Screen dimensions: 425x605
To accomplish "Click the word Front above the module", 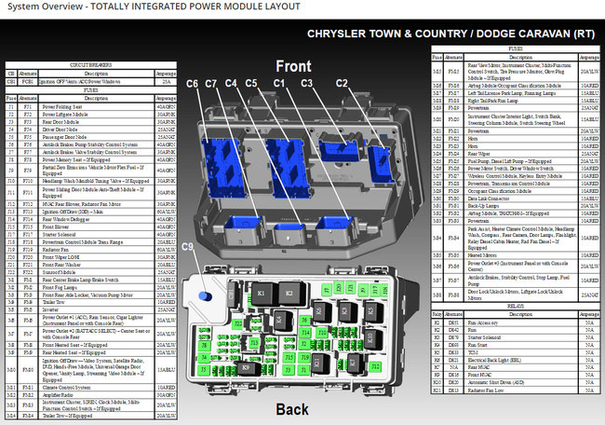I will point(293,66).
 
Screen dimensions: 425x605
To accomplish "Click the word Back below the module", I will point(293,409).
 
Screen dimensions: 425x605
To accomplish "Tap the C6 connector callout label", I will point(193,84).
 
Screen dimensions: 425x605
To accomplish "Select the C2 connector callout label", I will point(342,84).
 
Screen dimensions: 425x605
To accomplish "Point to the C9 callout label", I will point(189,273).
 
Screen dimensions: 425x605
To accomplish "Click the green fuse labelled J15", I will point(289,357).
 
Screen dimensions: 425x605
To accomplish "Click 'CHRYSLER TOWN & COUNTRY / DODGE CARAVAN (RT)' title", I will point(450,34).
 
